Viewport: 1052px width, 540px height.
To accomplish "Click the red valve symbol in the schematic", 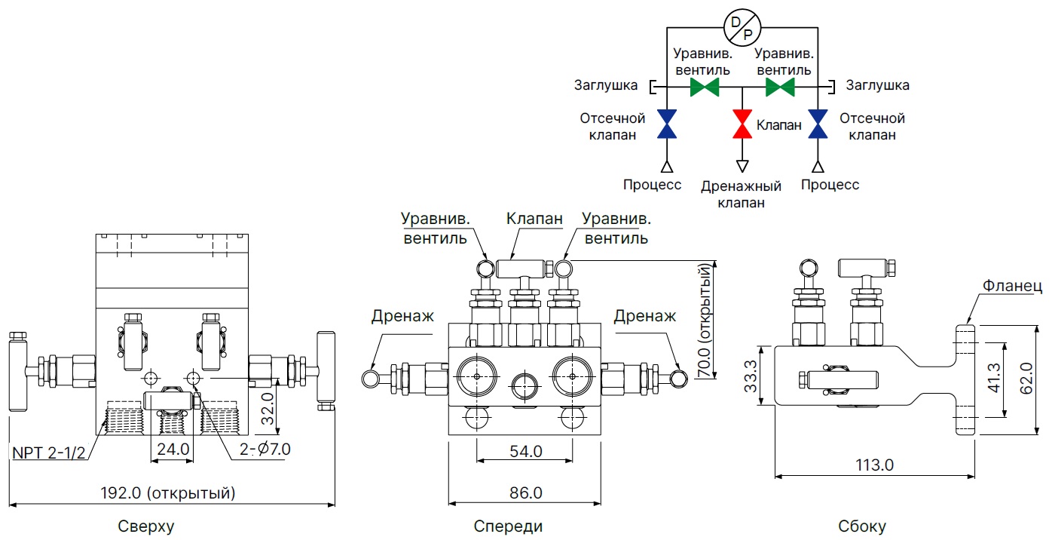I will (742, 124).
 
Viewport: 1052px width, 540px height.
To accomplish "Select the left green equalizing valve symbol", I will (705, 87).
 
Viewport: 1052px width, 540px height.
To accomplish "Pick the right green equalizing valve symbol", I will (781, 87).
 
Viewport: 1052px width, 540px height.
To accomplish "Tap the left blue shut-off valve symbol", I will (667, 124).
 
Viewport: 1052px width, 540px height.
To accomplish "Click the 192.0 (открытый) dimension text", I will (169, 494).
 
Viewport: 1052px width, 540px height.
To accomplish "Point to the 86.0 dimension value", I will (526, 494).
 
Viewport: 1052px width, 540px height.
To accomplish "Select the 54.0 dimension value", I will (526, 452).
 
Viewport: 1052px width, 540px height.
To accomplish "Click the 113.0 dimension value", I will (875, 465).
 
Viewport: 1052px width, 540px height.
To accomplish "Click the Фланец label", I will (1012, 286).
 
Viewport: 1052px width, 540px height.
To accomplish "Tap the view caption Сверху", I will (146, 526).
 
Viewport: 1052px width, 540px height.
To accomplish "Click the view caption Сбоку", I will (862, 526).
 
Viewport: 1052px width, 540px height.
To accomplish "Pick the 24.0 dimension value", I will (172, 450).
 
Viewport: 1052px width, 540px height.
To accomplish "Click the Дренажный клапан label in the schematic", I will (742, 194).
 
